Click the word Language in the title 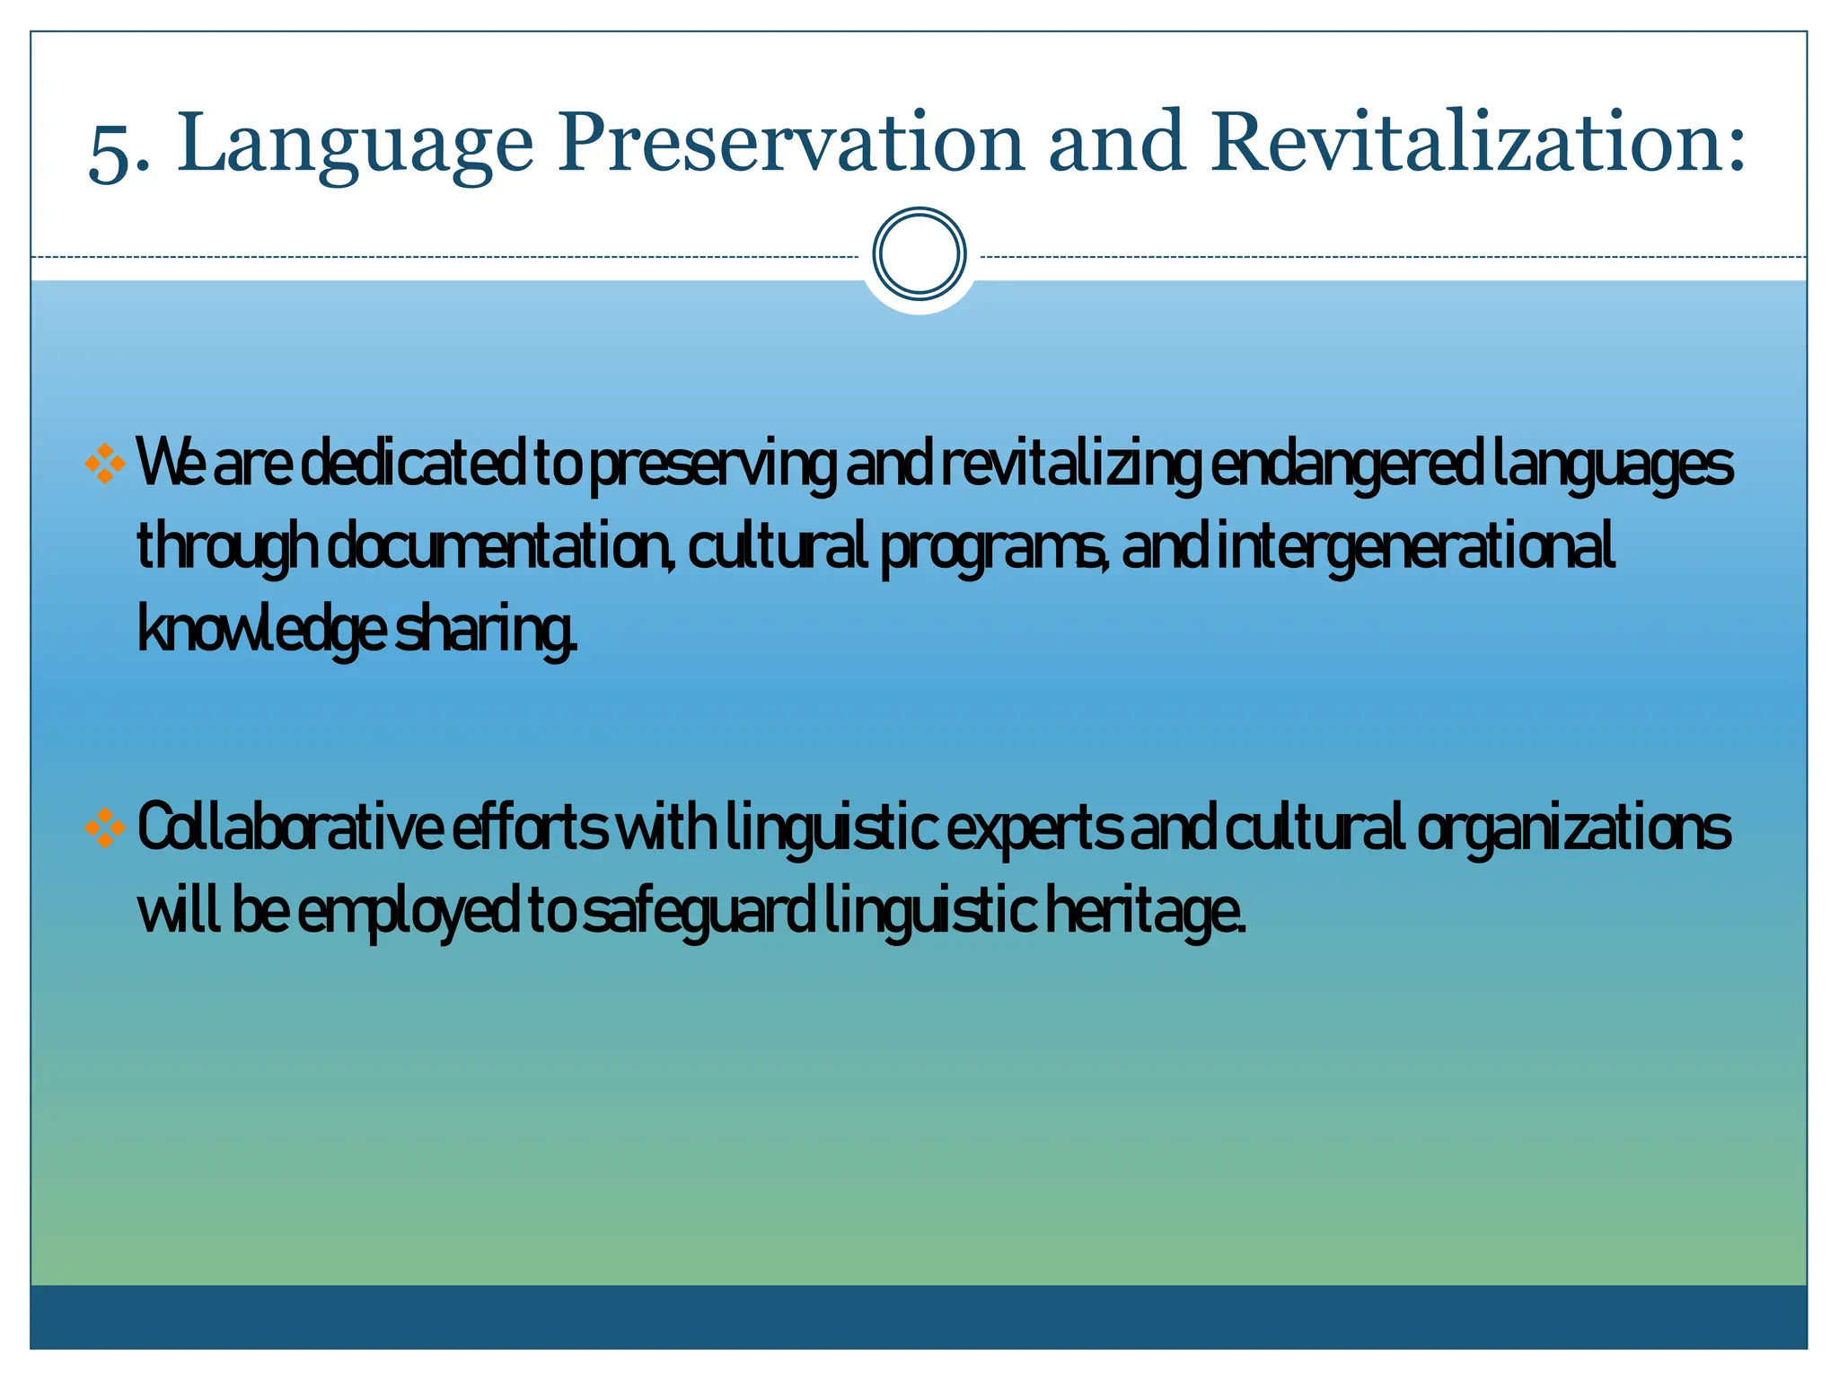356,144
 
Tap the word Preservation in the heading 790,144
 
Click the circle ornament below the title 919,254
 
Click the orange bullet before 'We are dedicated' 104,464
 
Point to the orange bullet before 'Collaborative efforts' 104,827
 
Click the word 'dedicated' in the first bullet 413,464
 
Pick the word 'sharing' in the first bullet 486,632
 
